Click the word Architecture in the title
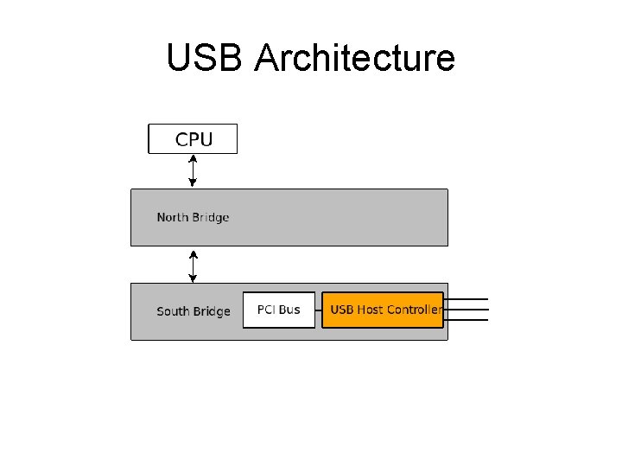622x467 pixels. [354, 58]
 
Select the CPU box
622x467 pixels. [193, 138]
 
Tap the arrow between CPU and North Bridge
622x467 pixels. [193, 170]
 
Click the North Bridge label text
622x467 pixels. [193, 217]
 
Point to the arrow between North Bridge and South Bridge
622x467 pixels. [193, 265]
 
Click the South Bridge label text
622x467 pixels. [193, 311]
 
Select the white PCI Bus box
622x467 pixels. [278, 310]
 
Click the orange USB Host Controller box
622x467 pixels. [383, 310]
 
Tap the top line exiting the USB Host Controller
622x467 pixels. [466, 299]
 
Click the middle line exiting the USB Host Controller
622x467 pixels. [466, 310]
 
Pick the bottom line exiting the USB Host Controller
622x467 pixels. [466, 320]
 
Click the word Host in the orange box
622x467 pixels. [370, 310]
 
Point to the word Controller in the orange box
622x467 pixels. [414, 310]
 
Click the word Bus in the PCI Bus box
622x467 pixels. [289, 310]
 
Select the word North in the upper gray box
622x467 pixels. [172, 217]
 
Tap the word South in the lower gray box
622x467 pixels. [172, 311]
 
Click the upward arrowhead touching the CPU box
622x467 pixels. [193, 158]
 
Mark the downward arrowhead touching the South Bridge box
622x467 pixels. [193, 278]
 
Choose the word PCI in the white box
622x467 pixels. [266, 310]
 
